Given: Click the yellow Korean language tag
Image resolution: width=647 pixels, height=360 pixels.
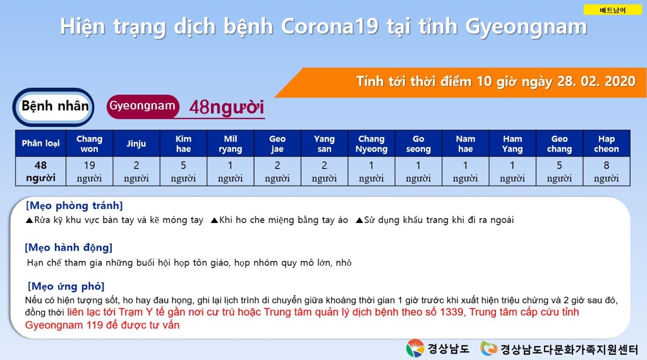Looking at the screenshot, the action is pyautogui.click(x=612, y=10).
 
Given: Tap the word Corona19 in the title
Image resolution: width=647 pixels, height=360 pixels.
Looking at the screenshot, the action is pyautogui.click(x=330, y=27).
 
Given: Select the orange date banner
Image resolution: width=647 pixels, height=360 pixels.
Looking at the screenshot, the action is pyautogui.click(x=461, y=83).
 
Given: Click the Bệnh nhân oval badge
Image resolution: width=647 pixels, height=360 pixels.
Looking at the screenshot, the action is pyautogui.click(x=54, y=107).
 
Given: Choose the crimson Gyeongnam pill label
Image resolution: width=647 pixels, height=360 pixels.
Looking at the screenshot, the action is pyautogui.click(x=143, y=106).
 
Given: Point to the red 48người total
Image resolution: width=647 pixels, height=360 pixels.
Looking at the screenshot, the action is pyautogui.click(x=227, y=107).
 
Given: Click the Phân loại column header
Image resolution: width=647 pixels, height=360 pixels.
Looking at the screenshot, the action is pyautogui.click(x=40, y=143).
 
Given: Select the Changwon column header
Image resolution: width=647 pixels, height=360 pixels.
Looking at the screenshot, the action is pyautogui.click(x=89, y=143).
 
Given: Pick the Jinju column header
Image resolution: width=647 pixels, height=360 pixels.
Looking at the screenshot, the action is pyautogui.click(x=136, y=143).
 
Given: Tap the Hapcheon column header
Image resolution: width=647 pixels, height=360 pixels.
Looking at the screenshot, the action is pyautogui.click(x=606, y=143).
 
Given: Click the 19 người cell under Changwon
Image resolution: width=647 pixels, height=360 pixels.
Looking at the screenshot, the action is pyautogui.click(x=89, y=172).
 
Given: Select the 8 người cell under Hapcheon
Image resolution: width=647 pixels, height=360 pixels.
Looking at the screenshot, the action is pyautogui.click(x=606, y=172).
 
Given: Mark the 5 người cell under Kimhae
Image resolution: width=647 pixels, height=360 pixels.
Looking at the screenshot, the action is pyautogui.click(x=183, y=172).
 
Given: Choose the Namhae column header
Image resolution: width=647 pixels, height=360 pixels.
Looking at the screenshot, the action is pyautogui.click(x=466, y=143).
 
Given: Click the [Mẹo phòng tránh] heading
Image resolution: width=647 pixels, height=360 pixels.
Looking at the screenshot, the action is pyautogui.click(x=75, y=205).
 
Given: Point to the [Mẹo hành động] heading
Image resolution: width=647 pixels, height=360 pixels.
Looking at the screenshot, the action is pyautogui.click(x=68, y=248).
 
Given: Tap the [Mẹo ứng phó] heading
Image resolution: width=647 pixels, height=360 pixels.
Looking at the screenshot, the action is pyautogui.click(x=66, y=286).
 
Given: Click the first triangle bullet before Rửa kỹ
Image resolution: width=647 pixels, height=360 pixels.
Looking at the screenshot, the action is pyautogui.click(x=29, y=220).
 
